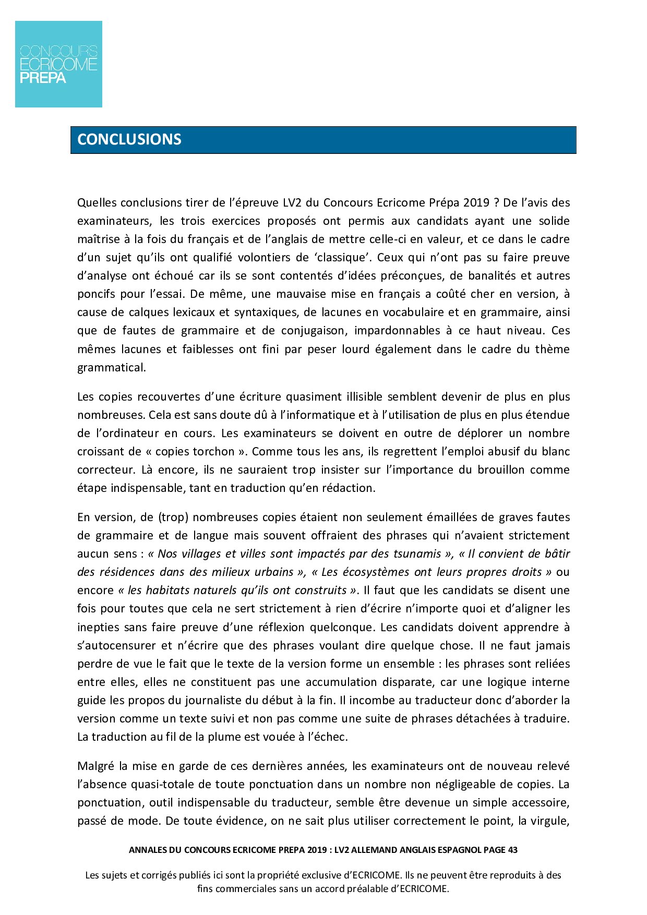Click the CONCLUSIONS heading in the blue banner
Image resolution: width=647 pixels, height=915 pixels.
tap(129, 139)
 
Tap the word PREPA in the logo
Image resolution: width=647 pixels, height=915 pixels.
tap(43, 78)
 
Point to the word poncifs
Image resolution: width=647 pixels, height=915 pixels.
tap(96, 294)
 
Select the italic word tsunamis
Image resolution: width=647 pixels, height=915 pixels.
tap(416, 553)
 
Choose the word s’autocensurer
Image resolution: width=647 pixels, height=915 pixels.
tap(115, 645)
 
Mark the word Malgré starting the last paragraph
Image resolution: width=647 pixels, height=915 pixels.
tap(96, 766)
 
